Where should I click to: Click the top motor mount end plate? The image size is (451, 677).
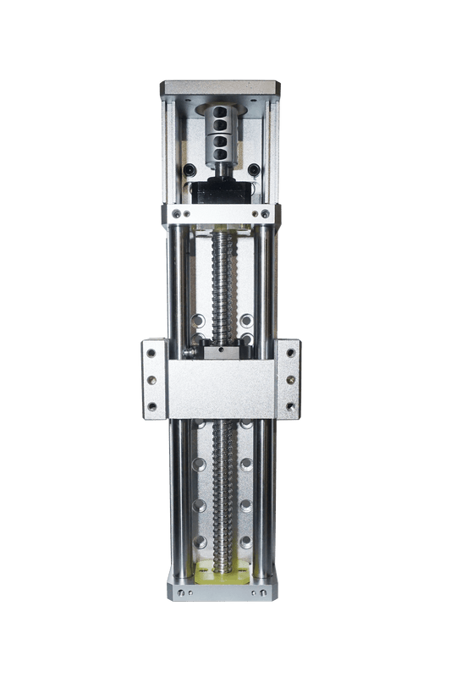pos(220,86)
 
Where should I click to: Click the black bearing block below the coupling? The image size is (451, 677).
pos(220,191)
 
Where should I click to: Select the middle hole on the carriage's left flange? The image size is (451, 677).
pos(152,379)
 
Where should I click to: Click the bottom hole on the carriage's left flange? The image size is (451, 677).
pos(152,407)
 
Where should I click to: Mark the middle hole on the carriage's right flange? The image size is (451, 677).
pos(291,379)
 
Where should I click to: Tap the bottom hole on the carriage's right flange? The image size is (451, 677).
pos(291,407)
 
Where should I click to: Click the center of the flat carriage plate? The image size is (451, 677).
pos(221,389)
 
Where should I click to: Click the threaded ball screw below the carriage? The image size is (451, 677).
pos(223,491)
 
